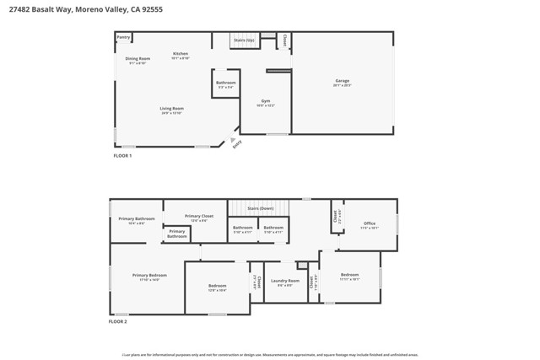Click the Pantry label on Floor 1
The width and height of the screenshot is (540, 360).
(x=123, y=37)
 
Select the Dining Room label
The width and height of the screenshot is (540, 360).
(x=138, y=58)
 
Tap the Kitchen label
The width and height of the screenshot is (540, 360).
(x=181, y=53)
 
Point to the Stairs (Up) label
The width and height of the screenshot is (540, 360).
(x=246, y=40)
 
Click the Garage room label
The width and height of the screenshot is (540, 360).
(x=342, y=81)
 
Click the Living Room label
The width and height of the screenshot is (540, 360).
(x=172, y=108)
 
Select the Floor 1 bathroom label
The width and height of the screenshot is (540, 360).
(x=225, y=83)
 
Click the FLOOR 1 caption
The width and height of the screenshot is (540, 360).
(x=123, y=156)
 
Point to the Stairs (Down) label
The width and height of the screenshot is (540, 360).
(x=260, y=207)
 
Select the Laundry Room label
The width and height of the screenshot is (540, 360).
(x=285, y=281)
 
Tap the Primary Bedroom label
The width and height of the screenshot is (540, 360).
(x=149, y=275)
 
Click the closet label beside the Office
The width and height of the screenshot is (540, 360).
(x=335, y=216)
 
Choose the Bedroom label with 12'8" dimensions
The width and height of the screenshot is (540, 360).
(x=217, y=286)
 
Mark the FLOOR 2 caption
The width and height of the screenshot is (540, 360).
(x=118, y=321)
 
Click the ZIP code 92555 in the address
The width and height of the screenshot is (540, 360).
(x=153, y=9)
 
